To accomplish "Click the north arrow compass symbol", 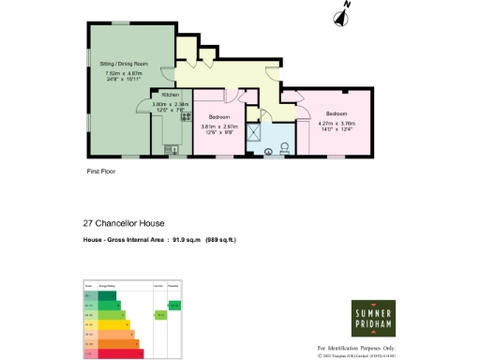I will tap(343, 13).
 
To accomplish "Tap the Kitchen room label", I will tap(170, 96).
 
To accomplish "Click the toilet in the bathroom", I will tap(286, 147).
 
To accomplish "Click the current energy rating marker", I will tap(160, 315).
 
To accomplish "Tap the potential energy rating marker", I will tap(174, 305).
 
